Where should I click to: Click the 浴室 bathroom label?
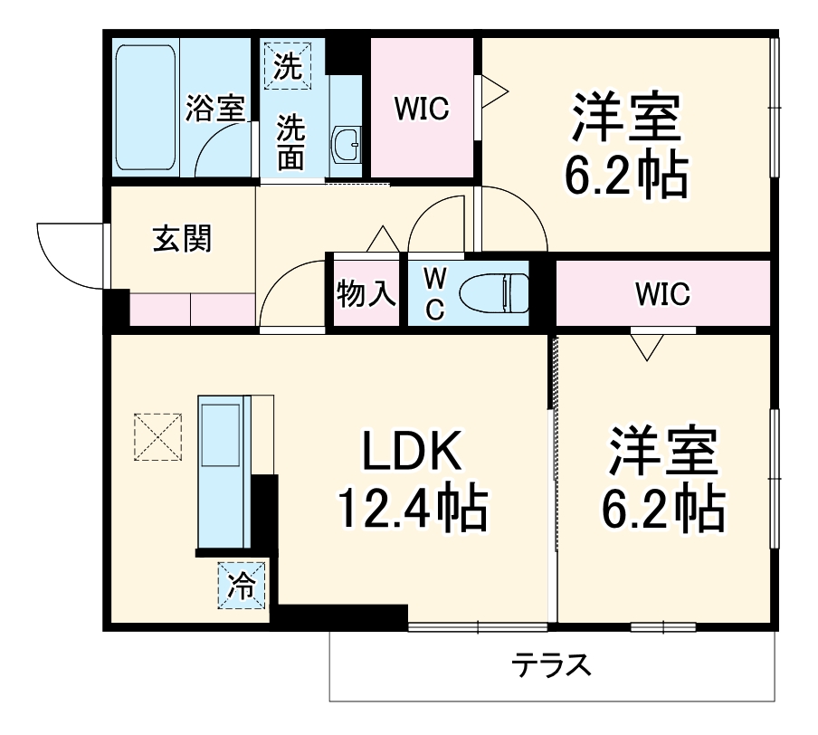tap(214, 109)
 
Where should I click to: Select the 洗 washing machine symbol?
tap(287, 64)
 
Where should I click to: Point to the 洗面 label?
tap(290, 142)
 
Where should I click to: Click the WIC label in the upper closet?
tap(422, 109)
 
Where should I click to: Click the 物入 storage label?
tap(366, 293)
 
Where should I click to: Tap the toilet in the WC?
tap(493, 292)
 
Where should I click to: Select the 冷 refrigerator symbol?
tap(242, 585)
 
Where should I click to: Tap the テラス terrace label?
tap(552, 667)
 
